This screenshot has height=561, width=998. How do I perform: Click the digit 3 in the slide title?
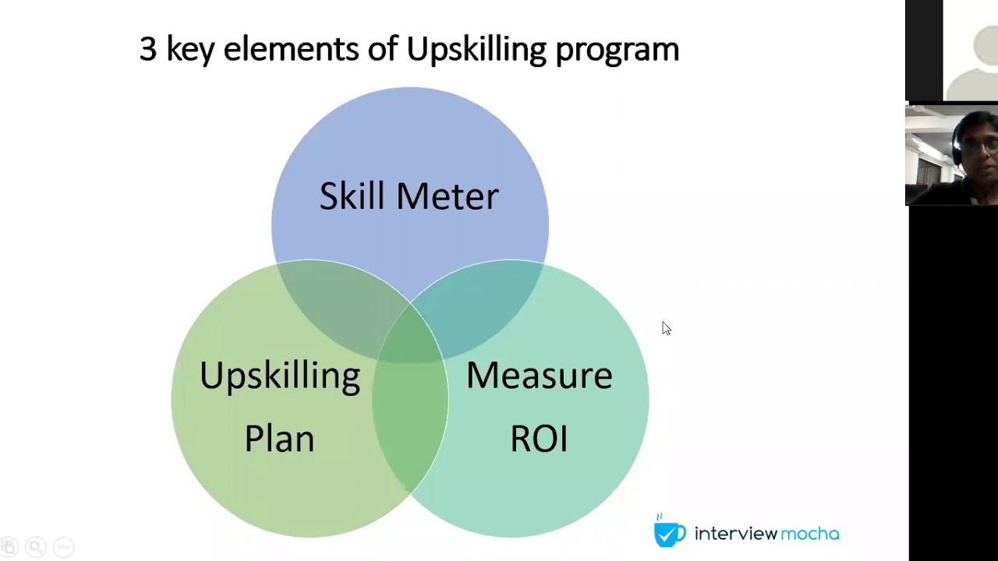[148, 50]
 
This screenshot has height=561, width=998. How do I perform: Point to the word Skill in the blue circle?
[351, 196]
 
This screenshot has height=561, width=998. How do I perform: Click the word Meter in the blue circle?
[447, 196]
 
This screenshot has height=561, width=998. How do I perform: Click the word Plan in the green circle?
[279, 438]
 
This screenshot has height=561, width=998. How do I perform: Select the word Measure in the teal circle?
[539, 376]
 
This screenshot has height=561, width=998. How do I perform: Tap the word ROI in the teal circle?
[539, 438]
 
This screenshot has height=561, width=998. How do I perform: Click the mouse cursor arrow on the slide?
[665, 328]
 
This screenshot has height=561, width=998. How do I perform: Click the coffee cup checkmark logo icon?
[669, 533]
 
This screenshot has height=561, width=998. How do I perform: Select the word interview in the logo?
[735, 534]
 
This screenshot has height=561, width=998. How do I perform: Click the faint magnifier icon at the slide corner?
[35, 547]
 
